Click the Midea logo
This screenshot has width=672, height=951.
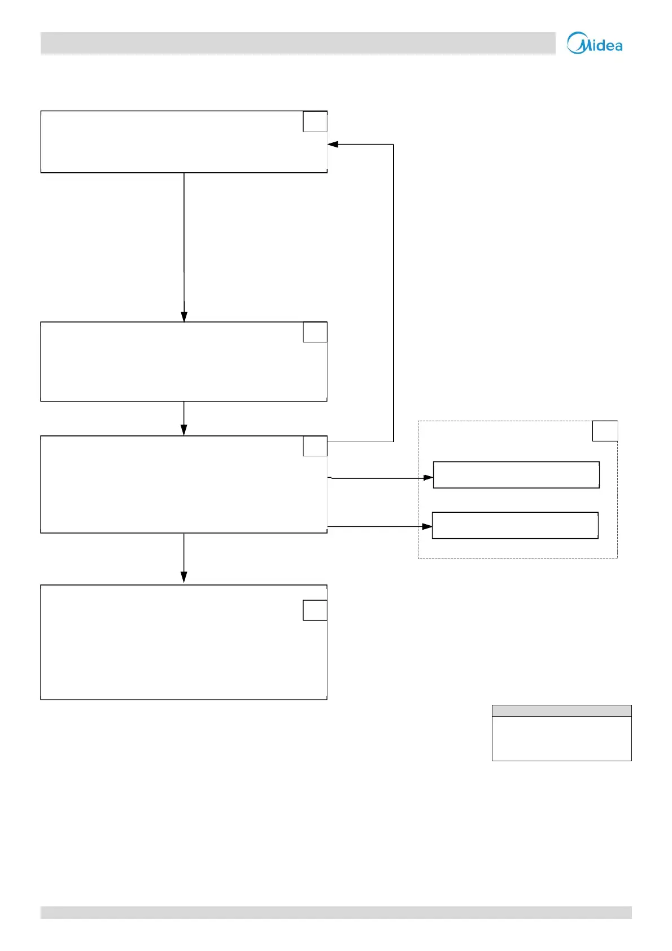[595, 43]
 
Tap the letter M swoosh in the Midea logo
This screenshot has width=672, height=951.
[576, 43]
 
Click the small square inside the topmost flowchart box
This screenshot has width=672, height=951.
[315, 122]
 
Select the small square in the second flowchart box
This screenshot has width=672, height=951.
[315, 333]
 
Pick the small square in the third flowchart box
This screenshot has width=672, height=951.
[315, 446]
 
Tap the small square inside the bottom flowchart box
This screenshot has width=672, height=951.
[315, 610]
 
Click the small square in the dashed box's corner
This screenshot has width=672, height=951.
[605, 431]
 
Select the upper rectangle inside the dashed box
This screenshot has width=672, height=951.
[516, 475]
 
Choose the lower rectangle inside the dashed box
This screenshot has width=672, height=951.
[515, 526]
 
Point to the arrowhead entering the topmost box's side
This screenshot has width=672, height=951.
[333, 145]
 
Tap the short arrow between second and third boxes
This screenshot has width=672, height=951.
[184, 419]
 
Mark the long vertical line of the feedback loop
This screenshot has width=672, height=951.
[394, 294]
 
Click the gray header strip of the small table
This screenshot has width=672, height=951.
[561, 711]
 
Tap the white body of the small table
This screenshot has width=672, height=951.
[561, 739]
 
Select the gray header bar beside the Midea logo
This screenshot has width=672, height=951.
[298, 43]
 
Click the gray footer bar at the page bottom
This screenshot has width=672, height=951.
[336, 913]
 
